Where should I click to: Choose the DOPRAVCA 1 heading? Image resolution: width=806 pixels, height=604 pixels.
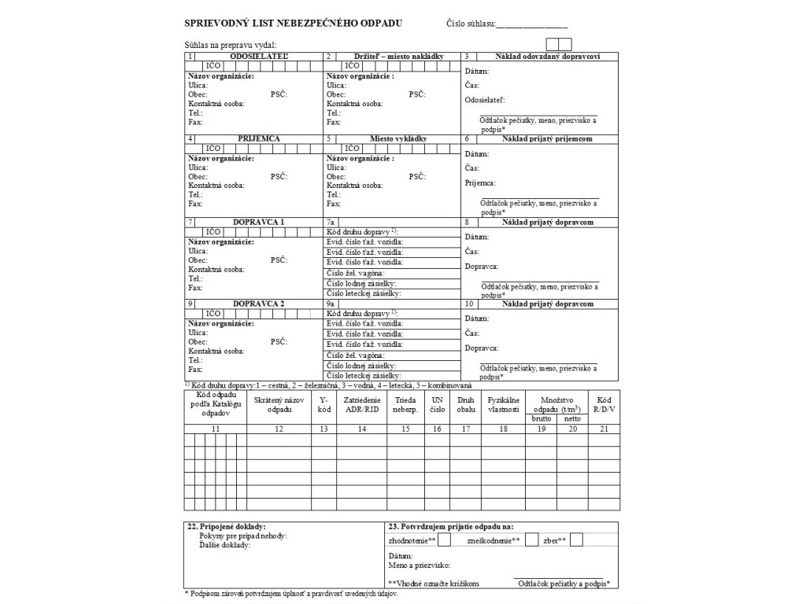(x=259, y=222)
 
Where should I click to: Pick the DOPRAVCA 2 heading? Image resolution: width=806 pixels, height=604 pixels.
(x=259, y=304)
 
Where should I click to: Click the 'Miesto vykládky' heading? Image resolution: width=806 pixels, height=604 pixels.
(x=398, y=138)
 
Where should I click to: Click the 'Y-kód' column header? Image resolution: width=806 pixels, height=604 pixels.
(x=323, y=405)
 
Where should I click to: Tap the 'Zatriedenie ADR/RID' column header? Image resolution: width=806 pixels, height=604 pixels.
(x=362, y=405)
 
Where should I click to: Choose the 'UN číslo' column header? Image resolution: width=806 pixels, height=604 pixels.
(x=438, y=405)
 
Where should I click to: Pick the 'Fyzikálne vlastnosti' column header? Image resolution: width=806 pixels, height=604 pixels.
(x=504, y=405)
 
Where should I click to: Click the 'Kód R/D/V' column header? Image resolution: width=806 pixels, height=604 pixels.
(x=604, y=405)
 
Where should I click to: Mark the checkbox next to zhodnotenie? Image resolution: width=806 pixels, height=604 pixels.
(x=445, y=540)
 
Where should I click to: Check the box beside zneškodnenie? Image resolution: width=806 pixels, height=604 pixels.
(x=532, y=540)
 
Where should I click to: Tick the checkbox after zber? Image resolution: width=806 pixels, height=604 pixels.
(x=577, y=540)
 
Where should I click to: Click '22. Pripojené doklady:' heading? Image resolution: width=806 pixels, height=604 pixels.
(x=227, y=526)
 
